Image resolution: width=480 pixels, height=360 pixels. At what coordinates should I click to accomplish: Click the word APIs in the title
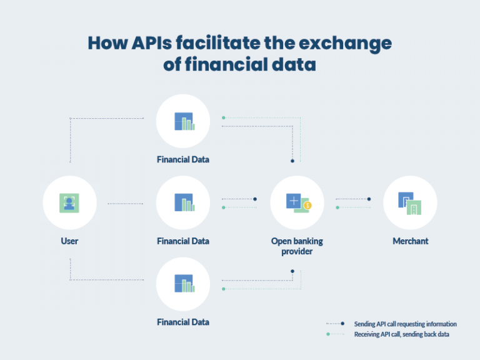pyautogui.click(x=151, y=42)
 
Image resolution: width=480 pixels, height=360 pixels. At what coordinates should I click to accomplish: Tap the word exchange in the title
pyautogui.click(x=345, y=44)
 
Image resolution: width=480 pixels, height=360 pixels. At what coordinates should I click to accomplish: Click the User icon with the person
pyautogui.click(x=69, y=203)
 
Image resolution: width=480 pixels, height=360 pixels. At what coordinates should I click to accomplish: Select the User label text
pyautogui.click(x=69, y=241)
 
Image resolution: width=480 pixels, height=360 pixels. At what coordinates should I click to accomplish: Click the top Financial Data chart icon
pyautogui.click(x=184, y=121)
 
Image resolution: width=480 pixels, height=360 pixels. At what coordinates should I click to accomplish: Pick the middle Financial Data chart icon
pyautogui.click(x=184, y=202)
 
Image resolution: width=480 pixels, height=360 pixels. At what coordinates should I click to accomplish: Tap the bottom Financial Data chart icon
pyautogui.click(x=184, y=284)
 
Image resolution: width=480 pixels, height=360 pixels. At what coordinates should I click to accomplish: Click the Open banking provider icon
pyautogui.click(x=299, y=203)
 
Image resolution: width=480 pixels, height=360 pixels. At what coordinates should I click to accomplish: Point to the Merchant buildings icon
pyautogui.click(x=409, y=204)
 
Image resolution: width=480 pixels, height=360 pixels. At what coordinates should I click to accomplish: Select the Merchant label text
pyautogui.click(x=411, y=241)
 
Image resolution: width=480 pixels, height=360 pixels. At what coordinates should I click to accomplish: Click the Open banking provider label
pyautogui.click(x=297, y=246)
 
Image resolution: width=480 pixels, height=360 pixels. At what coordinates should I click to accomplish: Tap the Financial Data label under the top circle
pyautogui.click(x=183, y=159)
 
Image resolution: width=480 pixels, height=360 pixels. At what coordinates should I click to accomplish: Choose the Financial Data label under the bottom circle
pyautogui.click(x=183, y=322)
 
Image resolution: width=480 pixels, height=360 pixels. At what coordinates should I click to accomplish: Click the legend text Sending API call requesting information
pyautogui.click(x=405, y=324)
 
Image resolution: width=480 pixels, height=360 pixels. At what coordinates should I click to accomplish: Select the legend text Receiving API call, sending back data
pyautogui.click(x=402, y=334)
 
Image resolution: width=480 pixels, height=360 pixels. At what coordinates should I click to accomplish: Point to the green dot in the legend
pyautogui.click(x=328, y=334)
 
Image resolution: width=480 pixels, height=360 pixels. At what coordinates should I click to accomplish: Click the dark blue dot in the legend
pyautogui.click(x=342, y=324)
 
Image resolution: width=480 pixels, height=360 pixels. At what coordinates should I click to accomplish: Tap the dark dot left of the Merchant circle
pyautogui.click(x=369, y=199)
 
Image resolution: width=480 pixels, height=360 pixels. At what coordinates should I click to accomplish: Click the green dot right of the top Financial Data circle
pyautogui.click(x=224, y=118)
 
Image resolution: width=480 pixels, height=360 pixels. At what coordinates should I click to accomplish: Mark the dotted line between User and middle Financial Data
pyautogui.click(x=126, y=204)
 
